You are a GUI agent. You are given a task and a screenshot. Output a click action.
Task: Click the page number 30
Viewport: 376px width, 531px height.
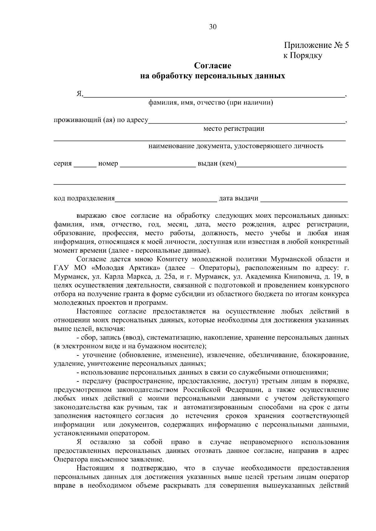click(213, 27)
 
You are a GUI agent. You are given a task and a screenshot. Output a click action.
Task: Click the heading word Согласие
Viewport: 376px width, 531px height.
click(212, 66)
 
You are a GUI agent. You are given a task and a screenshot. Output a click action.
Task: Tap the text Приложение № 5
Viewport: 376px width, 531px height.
click(316, 46)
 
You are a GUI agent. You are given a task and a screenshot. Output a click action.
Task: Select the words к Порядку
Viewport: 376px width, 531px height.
click(302, 56)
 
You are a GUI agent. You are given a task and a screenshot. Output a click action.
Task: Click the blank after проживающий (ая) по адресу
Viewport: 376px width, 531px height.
click(246, 121)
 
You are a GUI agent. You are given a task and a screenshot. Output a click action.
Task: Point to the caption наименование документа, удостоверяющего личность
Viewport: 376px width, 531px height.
click(236, 146)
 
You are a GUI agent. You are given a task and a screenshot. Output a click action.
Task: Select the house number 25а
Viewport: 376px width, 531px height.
click(171, 277)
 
